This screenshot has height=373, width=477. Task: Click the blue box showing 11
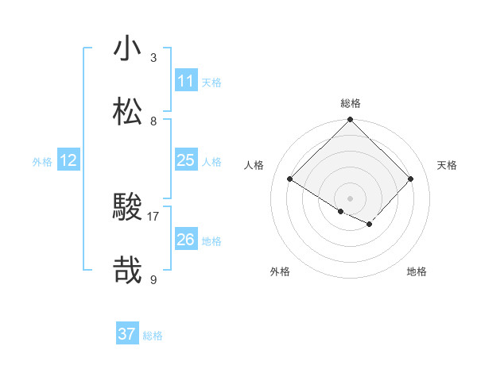pyautogui.click(x=185, y=82)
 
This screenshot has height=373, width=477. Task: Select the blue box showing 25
pyautogui.click(x=185, y=161)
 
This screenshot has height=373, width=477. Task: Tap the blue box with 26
pyautogui.click(x=185, y=240)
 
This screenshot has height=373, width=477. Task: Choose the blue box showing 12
pyautogui.click(x=68, y=161)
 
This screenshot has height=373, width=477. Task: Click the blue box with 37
pyautogui.click(x=126, y=334)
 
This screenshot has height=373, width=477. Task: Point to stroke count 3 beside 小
pyautogui.click(x=153, y=58)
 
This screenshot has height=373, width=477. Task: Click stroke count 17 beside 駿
pyautogui.click(x=153, y=216)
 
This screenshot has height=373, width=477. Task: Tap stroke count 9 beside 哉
pyautogui.click(x=153, y=279)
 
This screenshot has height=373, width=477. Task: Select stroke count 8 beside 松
pyautogui.click(x=153, y=121)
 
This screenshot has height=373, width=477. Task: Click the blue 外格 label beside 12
pyautogui.click(x=42, y=162)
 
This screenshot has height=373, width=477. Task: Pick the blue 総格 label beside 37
pyautogui.click(x=153, y=336)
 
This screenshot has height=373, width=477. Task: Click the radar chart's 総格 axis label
pyautogui.click(x=351, y=103)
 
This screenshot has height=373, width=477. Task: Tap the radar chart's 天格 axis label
pyautogui.click(x=447, y=165)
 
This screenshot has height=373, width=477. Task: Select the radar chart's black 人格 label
pyautogui.click(x=254, y=165)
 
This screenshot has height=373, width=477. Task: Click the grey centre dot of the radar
pyautogui.click(x=350, y=198)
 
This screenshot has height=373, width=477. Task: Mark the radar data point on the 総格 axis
pyautogui.click(x=350, y=120)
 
